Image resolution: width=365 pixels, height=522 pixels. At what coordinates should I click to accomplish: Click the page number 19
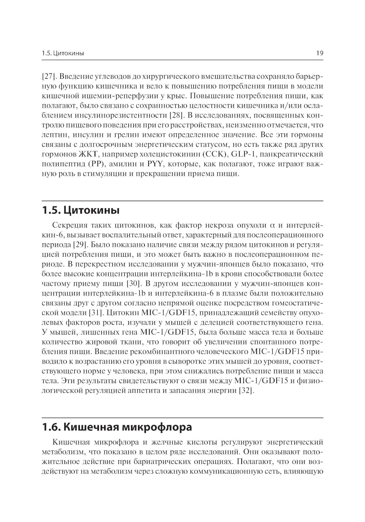tap(320, 53)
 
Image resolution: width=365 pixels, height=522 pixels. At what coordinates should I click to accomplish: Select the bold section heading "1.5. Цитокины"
tap(81, 211)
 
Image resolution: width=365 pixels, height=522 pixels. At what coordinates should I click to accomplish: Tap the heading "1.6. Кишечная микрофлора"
tap(117, 427)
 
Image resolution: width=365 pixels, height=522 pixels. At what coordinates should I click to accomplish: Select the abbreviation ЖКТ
tap(90, 155)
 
